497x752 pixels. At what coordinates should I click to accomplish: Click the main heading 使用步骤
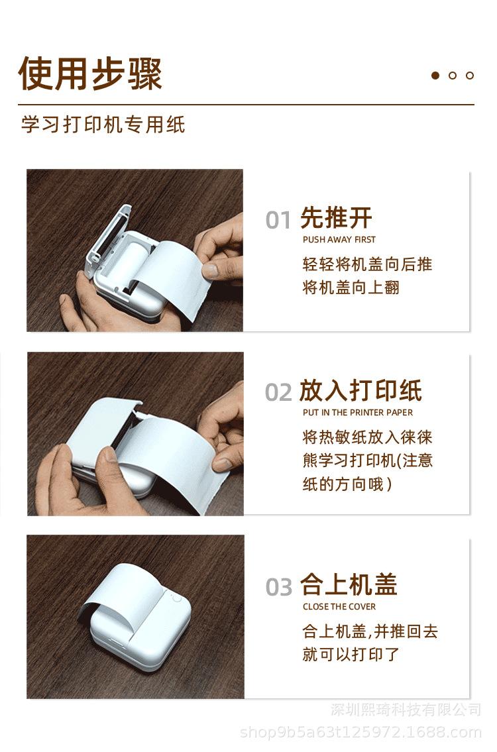(x=90, y=74)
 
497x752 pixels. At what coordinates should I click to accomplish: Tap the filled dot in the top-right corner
(x=435, y=76)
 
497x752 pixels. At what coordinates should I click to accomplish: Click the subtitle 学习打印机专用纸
(x=103, y=124)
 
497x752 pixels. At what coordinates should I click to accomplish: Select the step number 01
(x=278, y=220)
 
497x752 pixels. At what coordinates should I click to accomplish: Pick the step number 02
(x=278, y=392)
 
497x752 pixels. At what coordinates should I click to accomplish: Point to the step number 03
(x=279, y=587)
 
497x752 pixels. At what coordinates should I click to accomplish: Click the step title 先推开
(x=336, y=218)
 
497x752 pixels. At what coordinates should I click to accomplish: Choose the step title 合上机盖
(x=349, y=584)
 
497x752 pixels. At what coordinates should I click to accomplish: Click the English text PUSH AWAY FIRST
(x=339, y=239)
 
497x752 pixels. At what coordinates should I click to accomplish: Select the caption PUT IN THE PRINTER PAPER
(x=358, y=413)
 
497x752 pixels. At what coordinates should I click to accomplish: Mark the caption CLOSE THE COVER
(x=339, y=607)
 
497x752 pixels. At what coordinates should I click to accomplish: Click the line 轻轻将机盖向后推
(x=368, y=264)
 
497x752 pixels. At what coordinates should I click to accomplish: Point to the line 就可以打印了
(x=351, y=654)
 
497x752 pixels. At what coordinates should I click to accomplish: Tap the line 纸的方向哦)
(x=347, y=484)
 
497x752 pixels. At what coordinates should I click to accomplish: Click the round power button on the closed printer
(x=176, y=598)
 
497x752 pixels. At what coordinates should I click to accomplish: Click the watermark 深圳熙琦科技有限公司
(x=406, y=710)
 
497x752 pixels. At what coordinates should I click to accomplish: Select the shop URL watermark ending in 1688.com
(x=360, y=732)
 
